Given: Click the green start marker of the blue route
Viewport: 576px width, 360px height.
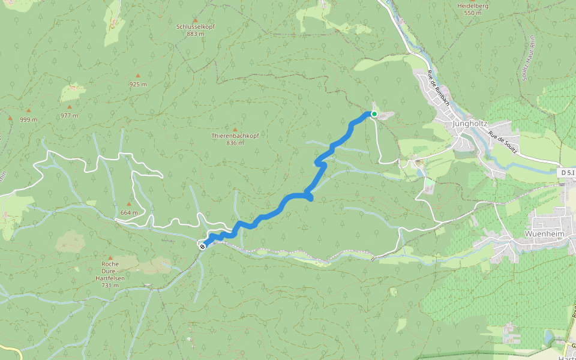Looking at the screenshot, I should [x=374, y=114].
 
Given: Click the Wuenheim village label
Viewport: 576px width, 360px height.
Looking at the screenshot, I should [x=544, y=234].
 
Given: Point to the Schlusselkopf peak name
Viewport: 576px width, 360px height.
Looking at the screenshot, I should [x=195, y=27].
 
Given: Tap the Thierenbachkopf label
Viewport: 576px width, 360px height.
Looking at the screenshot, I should [x=235, y=136].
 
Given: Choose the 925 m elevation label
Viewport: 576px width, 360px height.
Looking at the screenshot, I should [x=138, y=85].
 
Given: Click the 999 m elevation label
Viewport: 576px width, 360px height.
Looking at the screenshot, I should [x=28, y=119].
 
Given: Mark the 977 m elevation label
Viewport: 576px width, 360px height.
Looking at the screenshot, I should [x=69, y=115].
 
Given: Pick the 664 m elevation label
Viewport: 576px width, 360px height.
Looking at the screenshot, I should [x=129, y=212].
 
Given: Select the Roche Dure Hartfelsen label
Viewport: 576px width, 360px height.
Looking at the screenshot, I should [x=109, y=274].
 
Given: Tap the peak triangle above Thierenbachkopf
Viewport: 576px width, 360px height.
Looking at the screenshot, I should [x=235, y=129].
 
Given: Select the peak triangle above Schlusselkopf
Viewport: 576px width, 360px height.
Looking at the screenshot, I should [x=195, y=20].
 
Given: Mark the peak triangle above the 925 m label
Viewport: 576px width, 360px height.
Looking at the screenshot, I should [x=138, y=76].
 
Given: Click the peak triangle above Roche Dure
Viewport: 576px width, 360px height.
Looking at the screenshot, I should [x=109, y=257].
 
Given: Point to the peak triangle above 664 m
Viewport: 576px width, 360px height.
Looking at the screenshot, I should [x=128, y=204].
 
